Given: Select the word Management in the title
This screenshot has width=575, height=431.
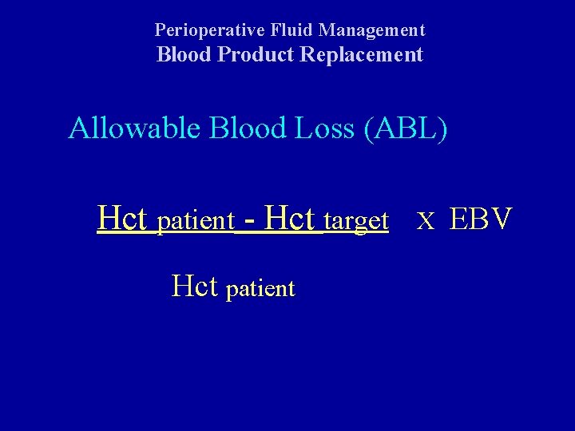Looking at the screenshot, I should coord(372,30).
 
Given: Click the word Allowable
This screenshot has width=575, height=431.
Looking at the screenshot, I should coord(136,129).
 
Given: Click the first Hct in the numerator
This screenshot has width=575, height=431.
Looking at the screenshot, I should coord(124,217).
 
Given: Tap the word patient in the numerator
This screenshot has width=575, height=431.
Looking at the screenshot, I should coord(196,221).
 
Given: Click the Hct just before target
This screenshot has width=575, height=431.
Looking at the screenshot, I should coord(291,217).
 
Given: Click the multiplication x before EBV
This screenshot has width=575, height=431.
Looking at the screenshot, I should coord(426,220).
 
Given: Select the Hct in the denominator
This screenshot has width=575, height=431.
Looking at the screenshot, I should coord(195,286).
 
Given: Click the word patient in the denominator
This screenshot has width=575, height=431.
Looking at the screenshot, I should coord(260,289).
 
